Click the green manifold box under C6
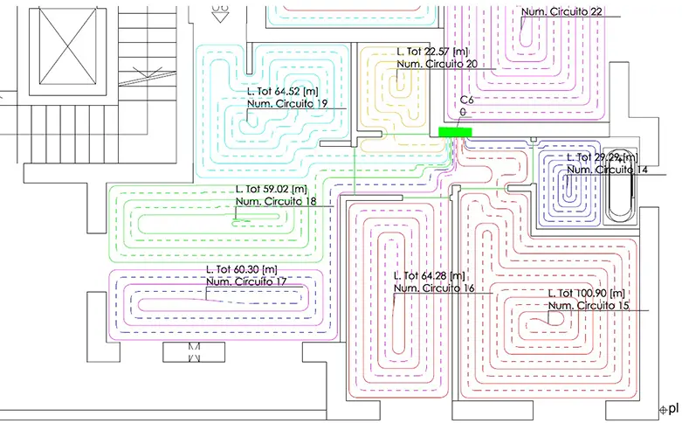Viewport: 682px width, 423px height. point(455,132)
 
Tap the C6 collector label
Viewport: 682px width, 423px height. point(466,101)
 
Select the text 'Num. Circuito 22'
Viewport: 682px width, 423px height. point(561,11)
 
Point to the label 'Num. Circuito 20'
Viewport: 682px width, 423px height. point(437,64)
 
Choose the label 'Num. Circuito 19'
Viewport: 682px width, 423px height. point(287,103)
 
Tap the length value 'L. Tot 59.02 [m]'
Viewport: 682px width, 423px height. point(272,189)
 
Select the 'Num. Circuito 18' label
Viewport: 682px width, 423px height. point(277,201)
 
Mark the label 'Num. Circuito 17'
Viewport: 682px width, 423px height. point(247,281)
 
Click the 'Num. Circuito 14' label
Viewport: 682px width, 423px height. point(607,169)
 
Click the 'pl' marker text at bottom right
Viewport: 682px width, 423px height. point(673,407)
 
